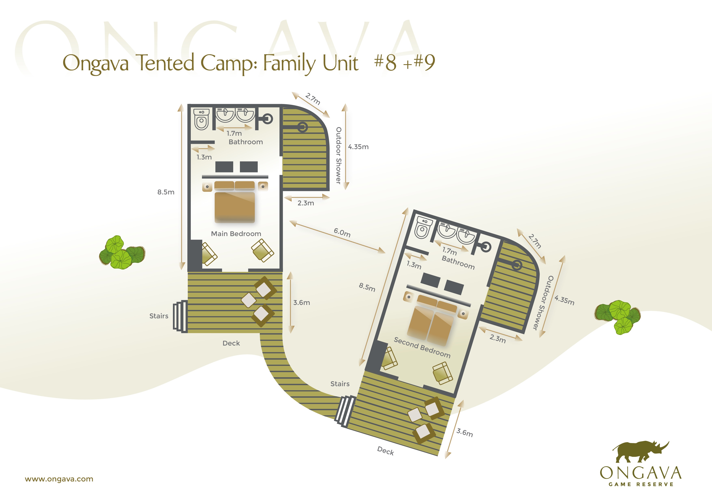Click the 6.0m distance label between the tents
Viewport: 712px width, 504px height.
[x=342, y=232]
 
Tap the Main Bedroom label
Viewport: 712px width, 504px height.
[x=236, y=234]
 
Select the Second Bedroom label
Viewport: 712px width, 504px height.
[x=422, y=348]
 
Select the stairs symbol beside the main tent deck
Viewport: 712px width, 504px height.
[x=180, y=316]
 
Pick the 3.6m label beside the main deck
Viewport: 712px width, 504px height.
[x=301, y=303]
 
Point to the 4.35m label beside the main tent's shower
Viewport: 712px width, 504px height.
[x=358, y=147]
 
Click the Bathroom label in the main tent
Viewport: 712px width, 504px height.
[x=246, y=142]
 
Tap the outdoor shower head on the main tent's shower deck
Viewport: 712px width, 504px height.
[x=303, y=127]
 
